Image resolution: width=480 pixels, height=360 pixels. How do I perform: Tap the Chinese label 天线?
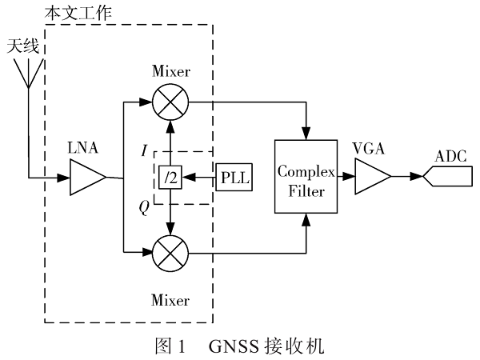pos(23,46)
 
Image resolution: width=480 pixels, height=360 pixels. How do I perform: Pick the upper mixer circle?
pos(170,102)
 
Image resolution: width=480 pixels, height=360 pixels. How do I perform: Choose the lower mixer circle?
pos(170,255)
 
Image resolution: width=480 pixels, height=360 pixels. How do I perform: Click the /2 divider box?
pos(170,178)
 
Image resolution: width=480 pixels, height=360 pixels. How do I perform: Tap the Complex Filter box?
pos(305,178)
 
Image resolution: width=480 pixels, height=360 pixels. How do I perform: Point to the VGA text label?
pos(370,149)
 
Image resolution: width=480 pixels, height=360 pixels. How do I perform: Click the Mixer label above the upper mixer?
pos(170,72)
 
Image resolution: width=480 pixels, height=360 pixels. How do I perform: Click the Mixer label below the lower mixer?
pos(170,301)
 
